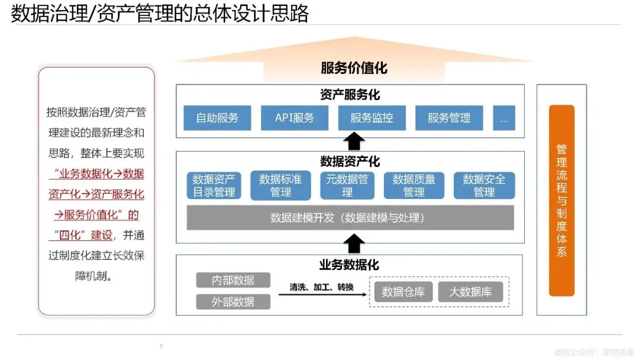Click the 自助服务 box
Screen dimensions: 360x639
click(x=217, y=118)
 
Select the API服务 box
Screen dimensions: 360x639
click(x=295, y=118)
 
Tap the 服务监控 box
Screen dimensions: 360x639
click(x=372, y=118)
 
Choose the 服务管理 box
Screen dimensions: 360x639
click(x=449, y=118)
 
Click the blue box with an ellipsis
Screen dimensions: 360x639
click(x=504, y=118)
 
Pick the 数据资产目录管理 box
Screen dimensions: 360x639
click(x=214, y=185)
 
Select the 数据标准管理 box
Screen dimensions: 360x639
click(x=280, y=185)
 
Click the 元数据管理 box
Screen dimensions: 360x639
click(x=347, y=185)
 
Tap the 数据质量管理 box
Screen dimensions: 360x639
click(x=414, y=185)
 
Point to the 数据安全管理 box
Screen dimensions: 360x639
click(x=484, y=185)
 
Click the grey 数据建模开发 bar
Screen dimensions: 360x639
click(x=350, y=217)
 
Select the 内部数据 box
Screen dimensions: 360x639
click(x=233, y=280)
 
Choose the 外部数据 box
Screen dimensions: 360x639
click(x=233, y=301)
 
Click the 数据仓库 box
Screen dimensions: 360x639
click(x=404, y=292)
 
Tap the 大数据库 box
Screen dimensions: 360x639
click(x=470, y=292)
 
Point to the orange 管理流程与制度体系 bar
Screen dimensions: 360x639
click(x=561, y=200)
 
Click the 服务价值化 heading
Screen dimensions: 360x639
click(x=354, y=68)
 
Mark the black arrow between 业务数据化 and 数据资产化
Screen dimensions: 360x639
click(x=354, y=243)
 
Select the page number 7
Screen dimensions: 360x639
click(x=160, y=346)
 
